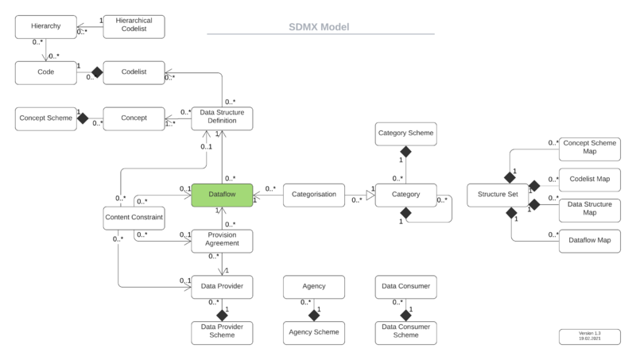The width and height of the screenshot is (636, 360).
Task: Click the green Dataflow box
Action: point(222,195)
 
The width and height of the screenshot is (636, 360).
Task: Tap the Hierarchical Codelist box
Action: point(134,27)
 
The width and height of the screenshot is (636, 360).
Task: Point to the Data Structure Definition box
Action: point(222,118)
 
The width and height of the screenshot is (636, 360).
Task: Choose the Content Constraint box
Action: point(134,216)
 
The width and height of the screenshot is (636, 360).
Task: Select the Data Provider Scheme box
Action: point(222,332)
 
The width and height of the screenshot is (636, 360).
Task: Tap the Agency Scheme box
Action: point(314,332)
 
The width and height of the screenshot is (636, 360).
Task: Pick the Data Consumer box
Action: point(405,285)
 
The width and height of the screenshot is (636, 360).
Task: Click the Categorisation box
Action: point(313,195)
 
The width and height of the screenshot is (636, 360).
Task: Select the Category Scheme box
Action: point(405,134)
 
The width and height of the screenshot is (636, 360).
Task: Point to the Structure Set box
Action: point(498,195)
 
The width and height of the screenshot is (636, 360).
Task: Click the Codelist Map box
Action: point(589,179)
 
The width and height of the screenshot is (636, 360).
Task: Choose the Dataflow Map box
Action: point(589,239)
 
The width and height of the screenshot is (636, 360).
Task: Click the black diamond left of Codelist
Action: point(98,72)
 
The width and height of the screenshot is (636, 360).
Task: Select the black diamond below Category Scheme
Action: point(405,150)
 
